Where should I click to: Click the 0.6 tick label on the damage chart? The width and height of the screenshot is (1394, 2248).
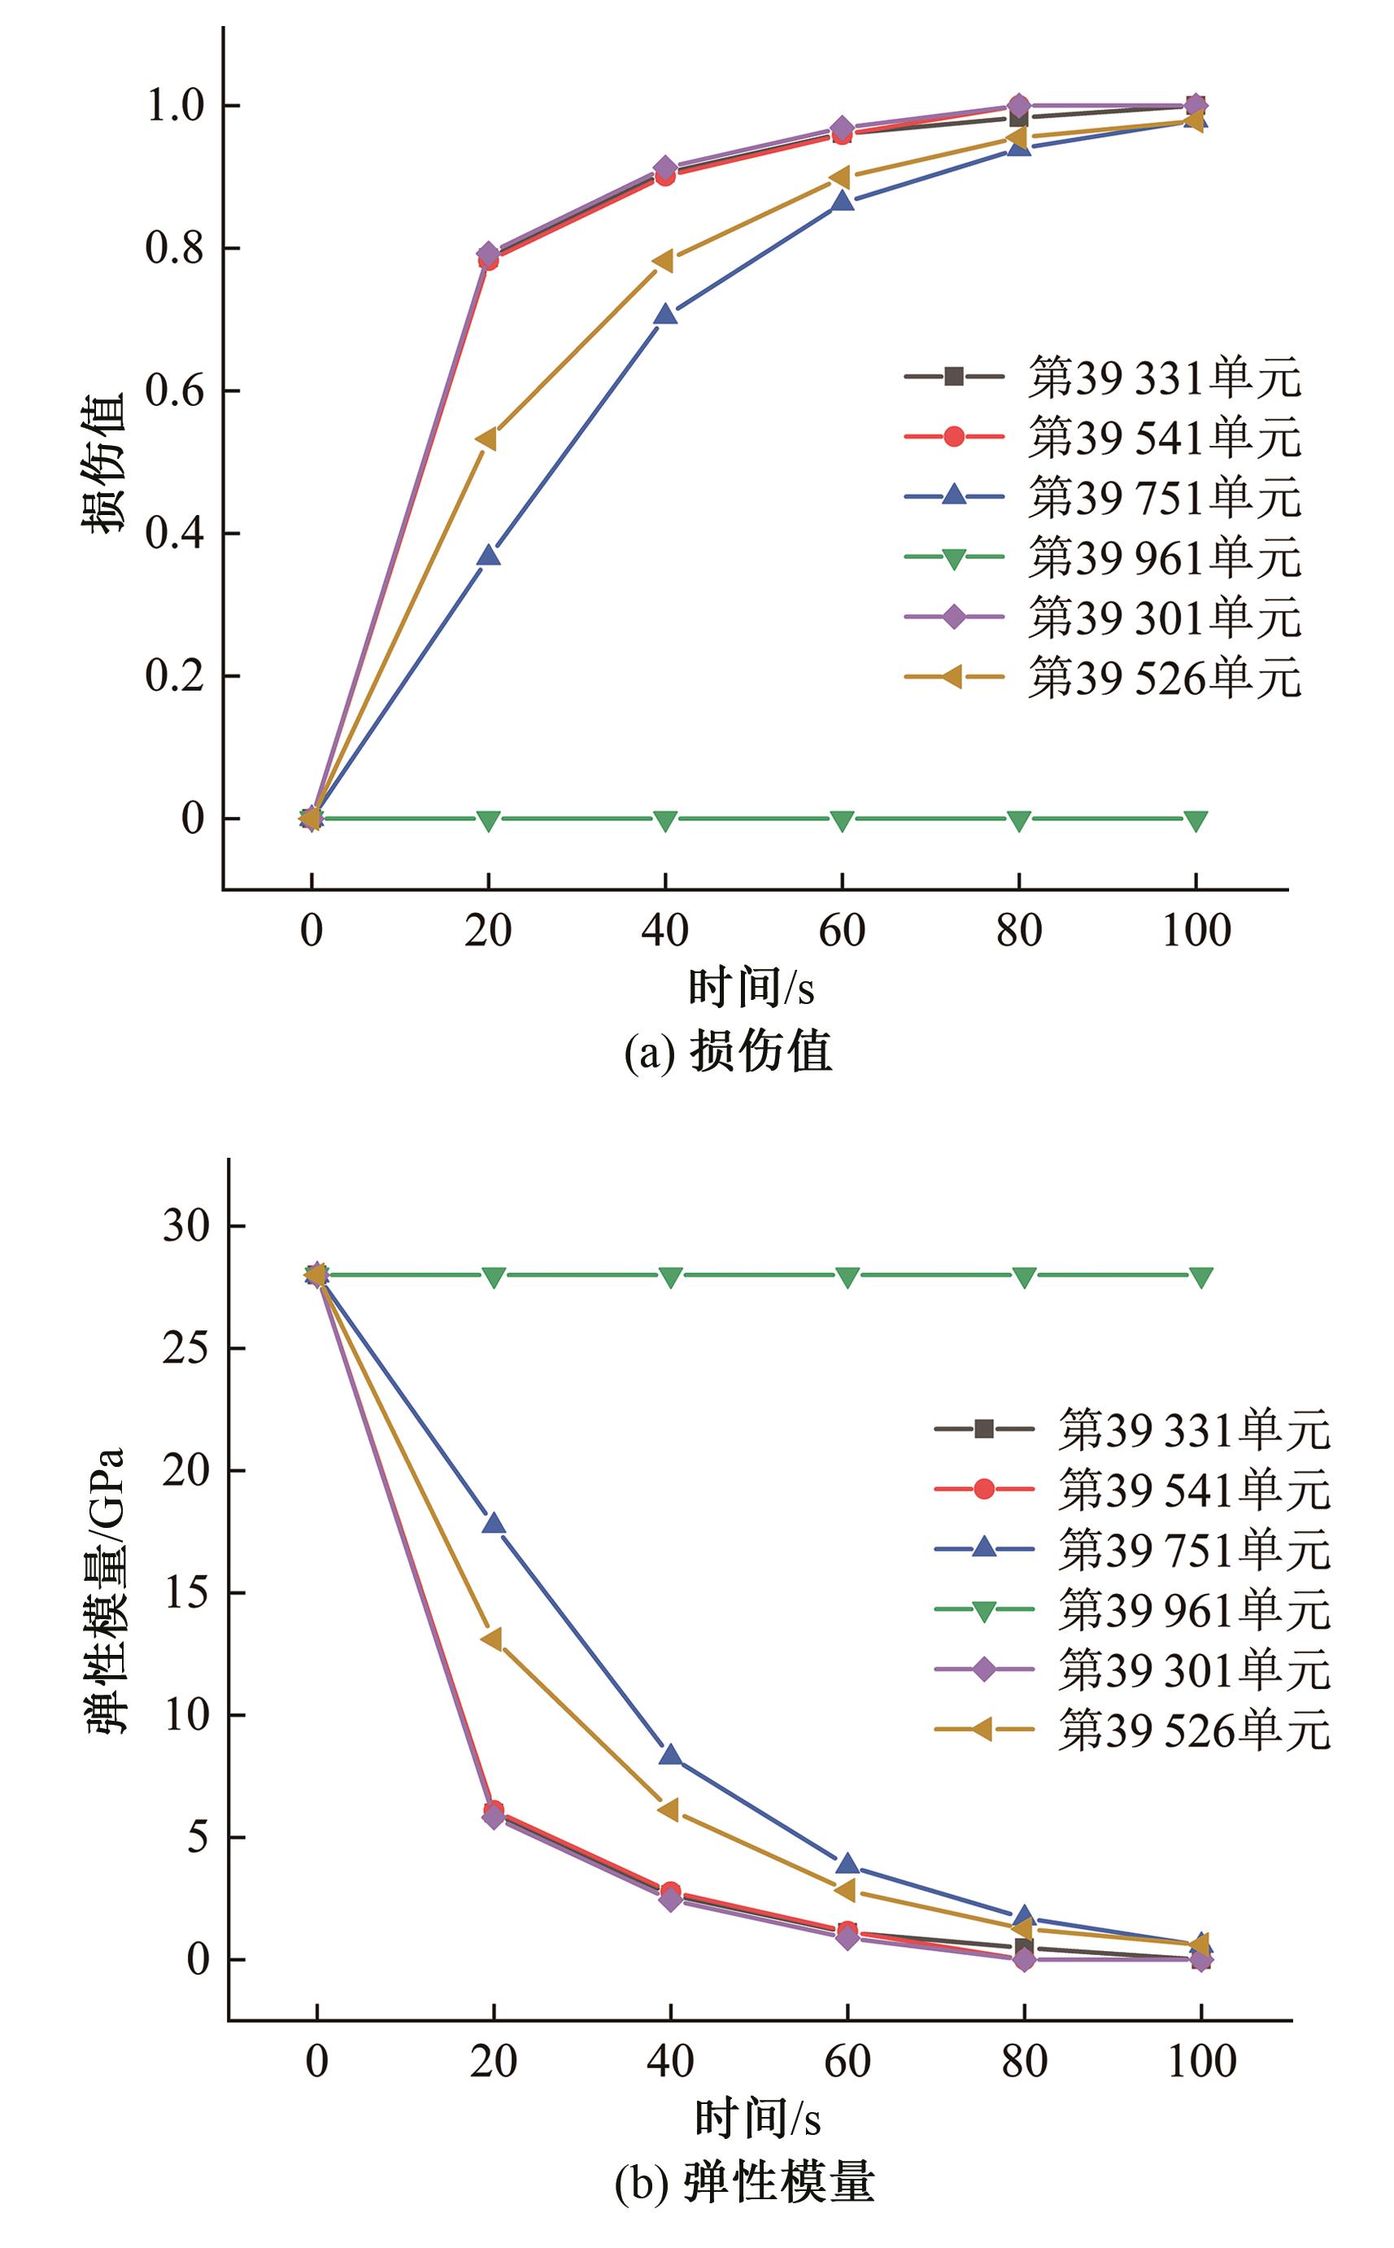(x=174, y=391)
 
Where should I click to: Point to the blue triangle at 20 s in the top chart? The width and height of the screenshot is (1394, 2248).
(x=489, y=555)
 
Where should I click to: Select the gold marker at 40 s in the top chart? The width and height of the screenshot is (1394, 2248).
(x=663, y=262)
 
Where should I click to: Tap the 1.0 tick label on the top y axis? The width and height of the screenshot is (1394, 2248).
(x=174, y=106)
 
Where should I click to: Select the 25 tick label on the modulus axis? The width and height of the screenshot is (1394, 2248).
(x=185, y=1348)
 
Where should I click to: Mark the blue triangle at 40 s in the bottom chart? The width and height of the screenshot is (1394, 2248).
(x=670, y=1755)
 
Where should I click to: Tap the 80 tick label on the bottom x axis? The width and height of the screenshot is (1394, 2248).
(x=1024, y=2061)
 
